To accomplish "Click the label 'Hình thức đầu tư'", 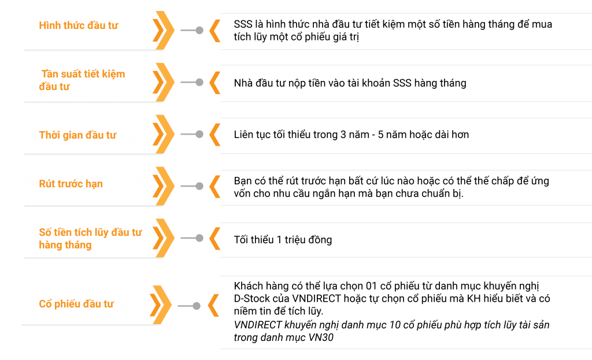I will pos(79,26).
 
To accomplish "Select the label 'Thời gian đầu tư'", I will pos(77,135).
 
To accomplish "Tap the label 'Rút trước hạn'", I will pos(71,184).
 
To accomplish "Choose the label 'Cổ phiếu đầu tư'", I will pos(76,304).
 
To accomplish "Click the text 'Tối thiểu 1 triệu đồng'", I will pos(283,239).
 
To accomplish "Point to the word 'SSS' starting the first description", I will pos(243,24).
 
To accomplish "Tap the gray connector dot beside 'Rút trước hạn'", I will pos(199,186).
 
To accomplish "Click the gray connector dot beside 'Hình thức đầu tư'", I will pos(199,30).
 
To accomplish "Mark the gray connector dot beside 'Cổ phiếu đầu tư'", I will pos(197,306).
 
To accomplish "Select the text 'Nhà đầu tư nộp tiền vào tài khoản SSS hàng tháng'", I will pos(350,83).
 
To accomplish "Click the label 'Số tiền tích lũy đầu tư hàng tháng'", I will pos(90,239).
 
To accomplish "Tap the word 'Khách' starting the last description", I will pos(248,287).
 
